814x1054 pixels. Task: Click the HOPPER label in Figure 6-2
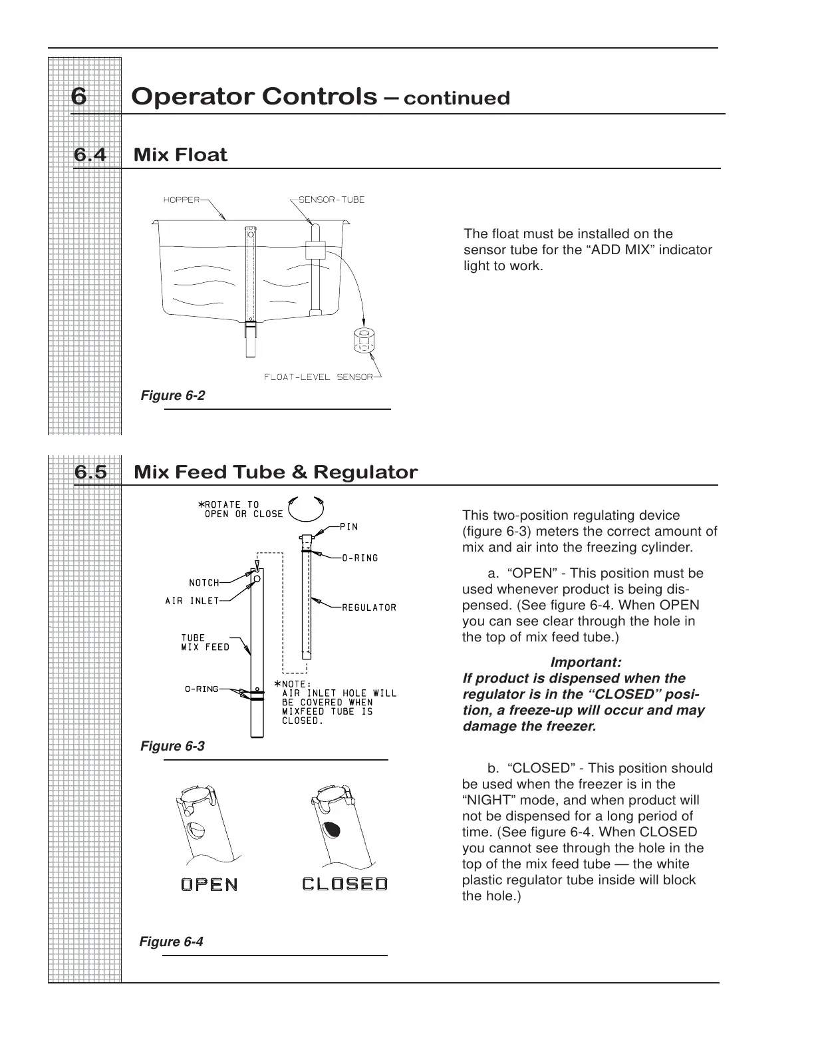coord(182,200)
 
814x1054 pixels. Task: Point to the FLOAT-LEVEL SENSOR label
coord(318,377)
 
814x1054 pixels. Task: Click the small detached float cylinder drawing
coord(363,339)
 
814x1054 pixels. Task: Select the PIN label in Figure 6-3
coord(349,527)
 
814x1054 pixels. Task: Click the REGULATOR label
coord(369,608)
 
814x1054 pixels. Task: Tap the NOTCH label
coord(204,583)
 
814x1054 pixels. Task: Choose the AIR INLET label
coord(192,601)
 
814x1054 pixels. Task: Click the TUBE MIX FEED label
coord(205,642)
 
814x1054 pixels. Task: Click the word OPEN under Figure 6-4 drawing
coord(209,884)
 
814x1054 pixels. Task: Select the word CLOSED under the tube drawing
coord(344,884)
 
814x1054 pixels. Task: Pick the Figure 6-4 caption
coord(171,942)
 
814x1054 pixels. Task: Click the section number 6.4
coord(90,155)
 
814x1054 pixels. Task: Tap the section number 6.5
coord(90,472)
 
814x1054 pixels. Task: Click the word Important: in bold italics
coord(586,663)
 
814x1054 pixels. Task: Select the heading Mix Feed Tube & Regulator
coord(275,472)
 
